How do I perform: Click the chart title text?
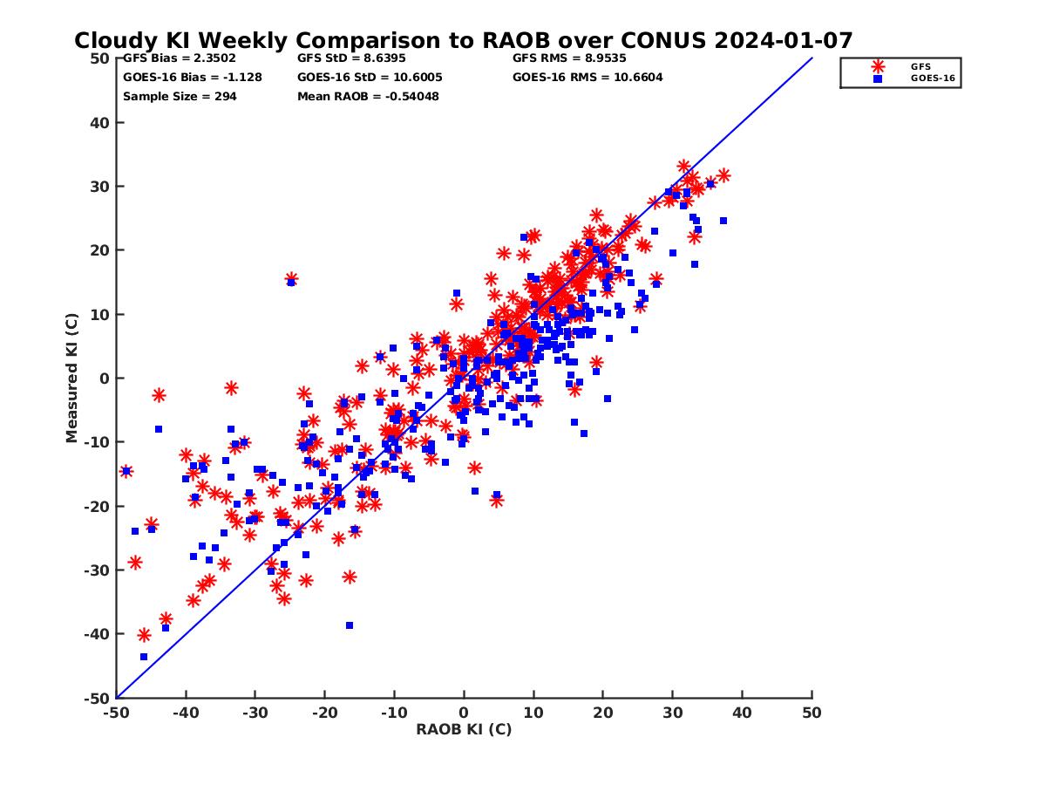[463, 40]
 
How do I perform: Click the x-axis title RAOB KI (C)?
[463, 729]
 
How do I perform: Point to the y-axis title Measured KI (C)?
[71, 379]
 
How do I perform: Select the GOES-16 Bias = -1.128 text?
[192, 77]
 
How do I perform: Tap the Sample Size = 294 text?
[180, 96]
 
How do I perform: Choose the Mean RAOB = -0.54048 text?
[368, 96]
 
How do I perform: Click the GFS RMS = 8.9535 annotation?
[569, 58]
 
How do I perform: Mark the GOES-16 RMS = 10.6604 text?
[588, 77]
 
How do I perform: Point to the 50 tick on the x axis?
[812, 713]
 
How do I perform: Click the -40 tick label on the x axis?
[185, 713]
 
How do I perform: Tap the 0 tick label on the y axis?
[105, 379]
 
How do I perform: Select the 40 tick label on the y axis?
[100, 123]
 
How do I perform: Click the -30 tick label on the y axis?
[98, 570]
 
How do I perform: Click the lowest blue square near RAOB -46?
[144, 657]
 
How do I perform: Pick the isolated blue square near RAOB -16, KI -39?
[350, 625]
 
